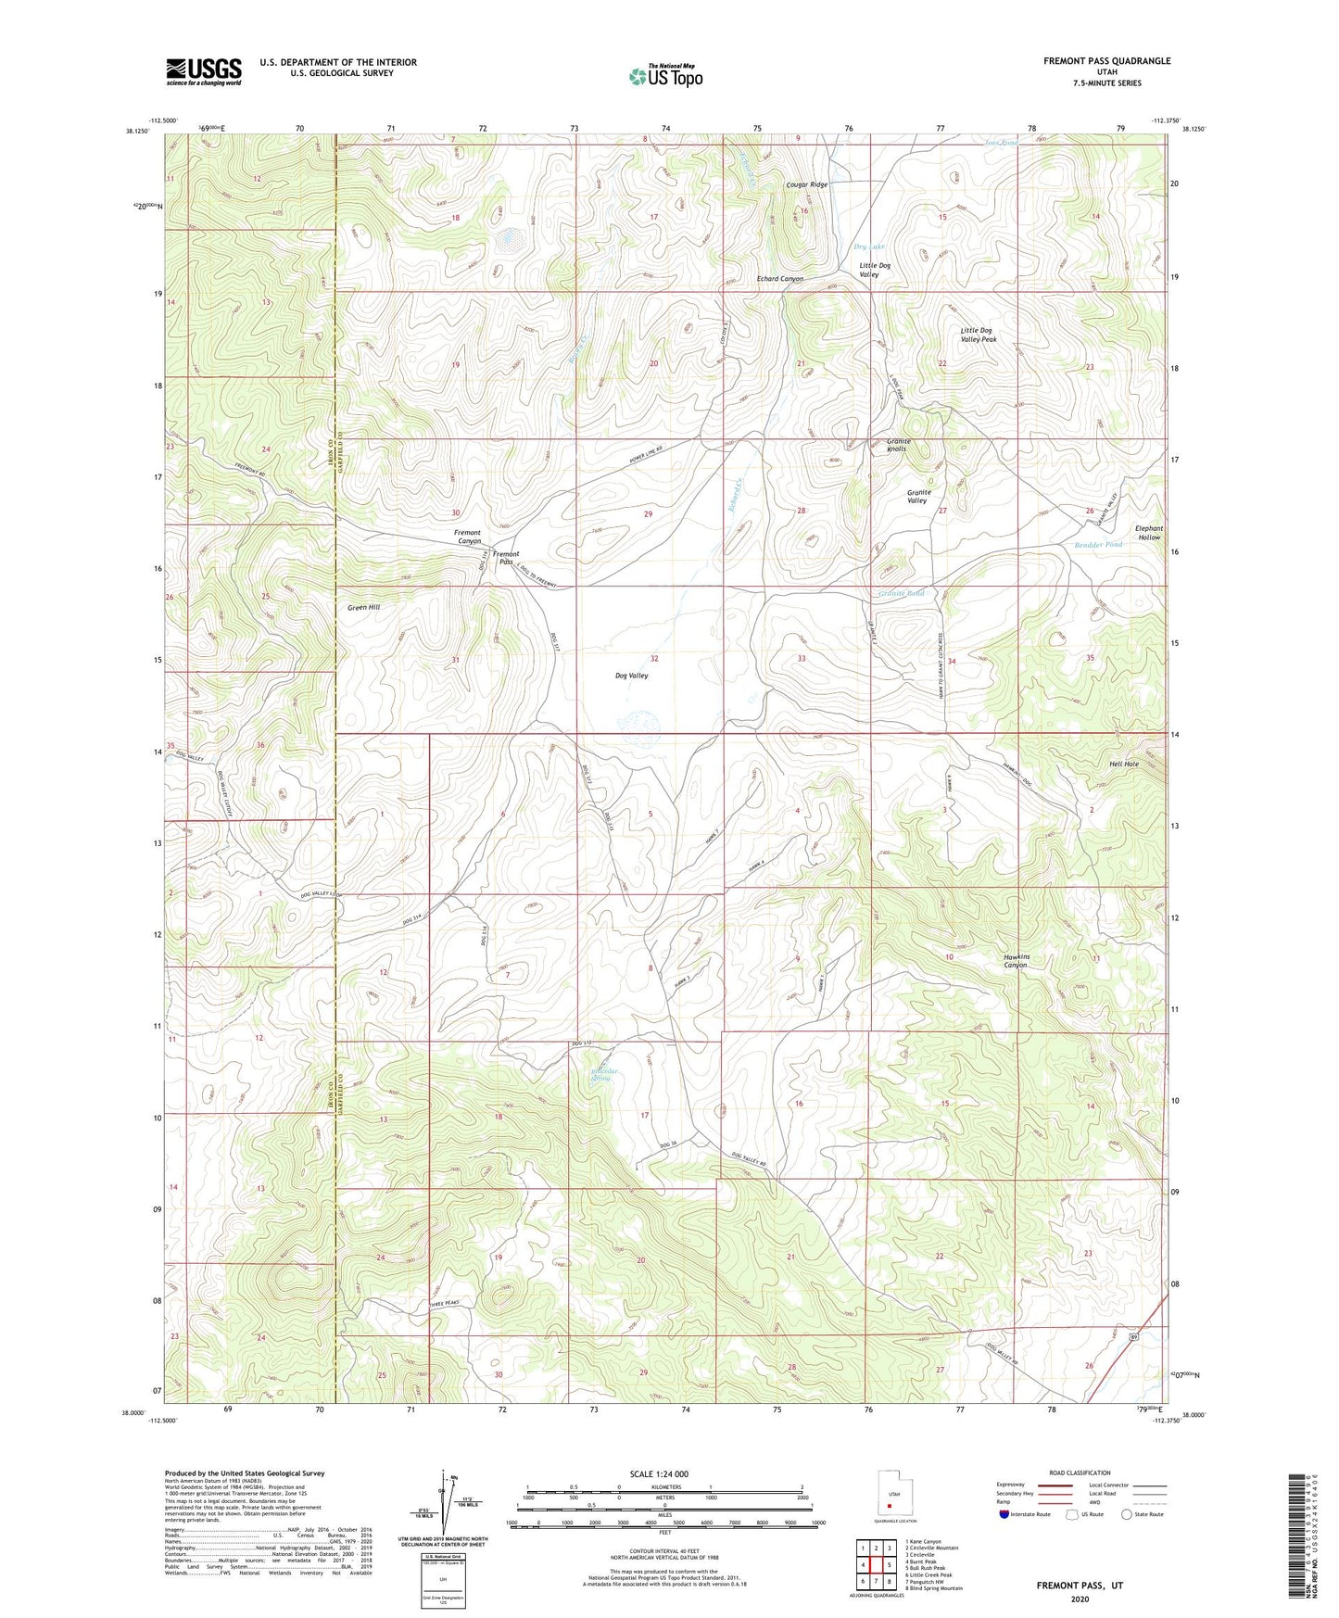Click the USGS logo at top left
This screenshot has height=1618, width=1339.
tap(204, 71)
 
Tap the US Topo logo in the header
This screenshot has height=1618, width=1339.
tap(665, 76)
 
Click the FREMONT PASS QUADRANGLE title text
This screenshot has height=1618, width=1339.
tap(1106, 61)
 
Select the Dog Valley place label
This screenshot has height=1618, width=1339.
tap(631, 676)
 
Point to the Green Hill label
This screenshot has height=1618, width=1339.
tap(363, 607)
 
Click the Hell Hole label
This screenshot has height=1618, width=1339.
tap(1124, 764)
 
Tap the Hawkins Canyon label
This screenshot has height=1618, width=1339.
tap(1016, 961)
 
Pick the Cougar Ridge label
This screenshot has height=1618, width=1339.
tap(806, 184)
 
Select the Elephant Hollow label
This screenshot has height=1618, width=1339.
tap(1149, 533)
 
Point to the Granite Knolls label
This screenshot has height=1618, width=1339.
tap(898, 445)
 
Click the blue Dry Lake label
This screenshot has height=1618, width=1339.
tap(869, 246)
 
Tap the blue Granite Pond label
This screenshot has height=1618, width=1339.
tap(901, 593)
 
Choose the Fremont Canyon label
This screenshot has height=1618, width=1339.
tap(467, 537)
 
